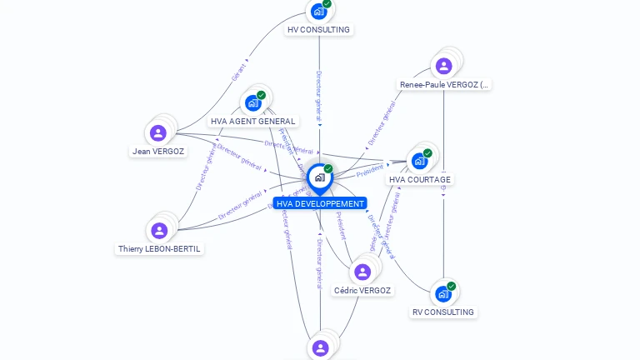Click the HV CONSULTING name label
(x=318, y=30)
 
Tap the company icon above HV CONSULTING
(x=317, y=12)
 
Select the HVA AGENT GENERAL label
(x=252, y=122)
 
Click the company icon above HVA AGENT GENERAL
(x=253, y=102)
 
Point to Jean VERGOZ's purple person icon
(x=158, y=132)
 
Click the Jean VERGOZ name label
(x=158, y=152)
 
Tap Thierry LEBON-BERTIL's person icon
(x=159, y=230)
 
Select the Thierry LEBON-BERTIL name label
(x=159, y=249)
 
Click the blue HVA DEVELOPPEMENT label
(x=320, y=203)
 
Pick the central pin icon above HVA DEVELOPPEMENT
(x=319, y=177)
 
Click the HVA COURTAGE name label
(x=419, y=180)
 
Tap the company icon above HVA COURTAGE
(x=419, y=160)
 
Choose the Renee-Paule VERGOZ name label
(x=444, y=85)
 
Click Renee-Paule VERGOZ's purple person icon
(x=444, y=66)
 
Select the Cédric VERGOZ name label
(x=362, y=291)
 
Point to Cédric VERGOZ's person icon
(x=362, y=272)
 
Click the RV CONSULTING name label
(x=443, y=312)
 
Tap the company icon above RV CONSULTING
(x=443, y=293)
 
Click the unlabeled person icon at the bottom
(x=321, y=347)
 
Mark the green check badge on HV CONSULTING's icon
(x=327, y=3)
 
